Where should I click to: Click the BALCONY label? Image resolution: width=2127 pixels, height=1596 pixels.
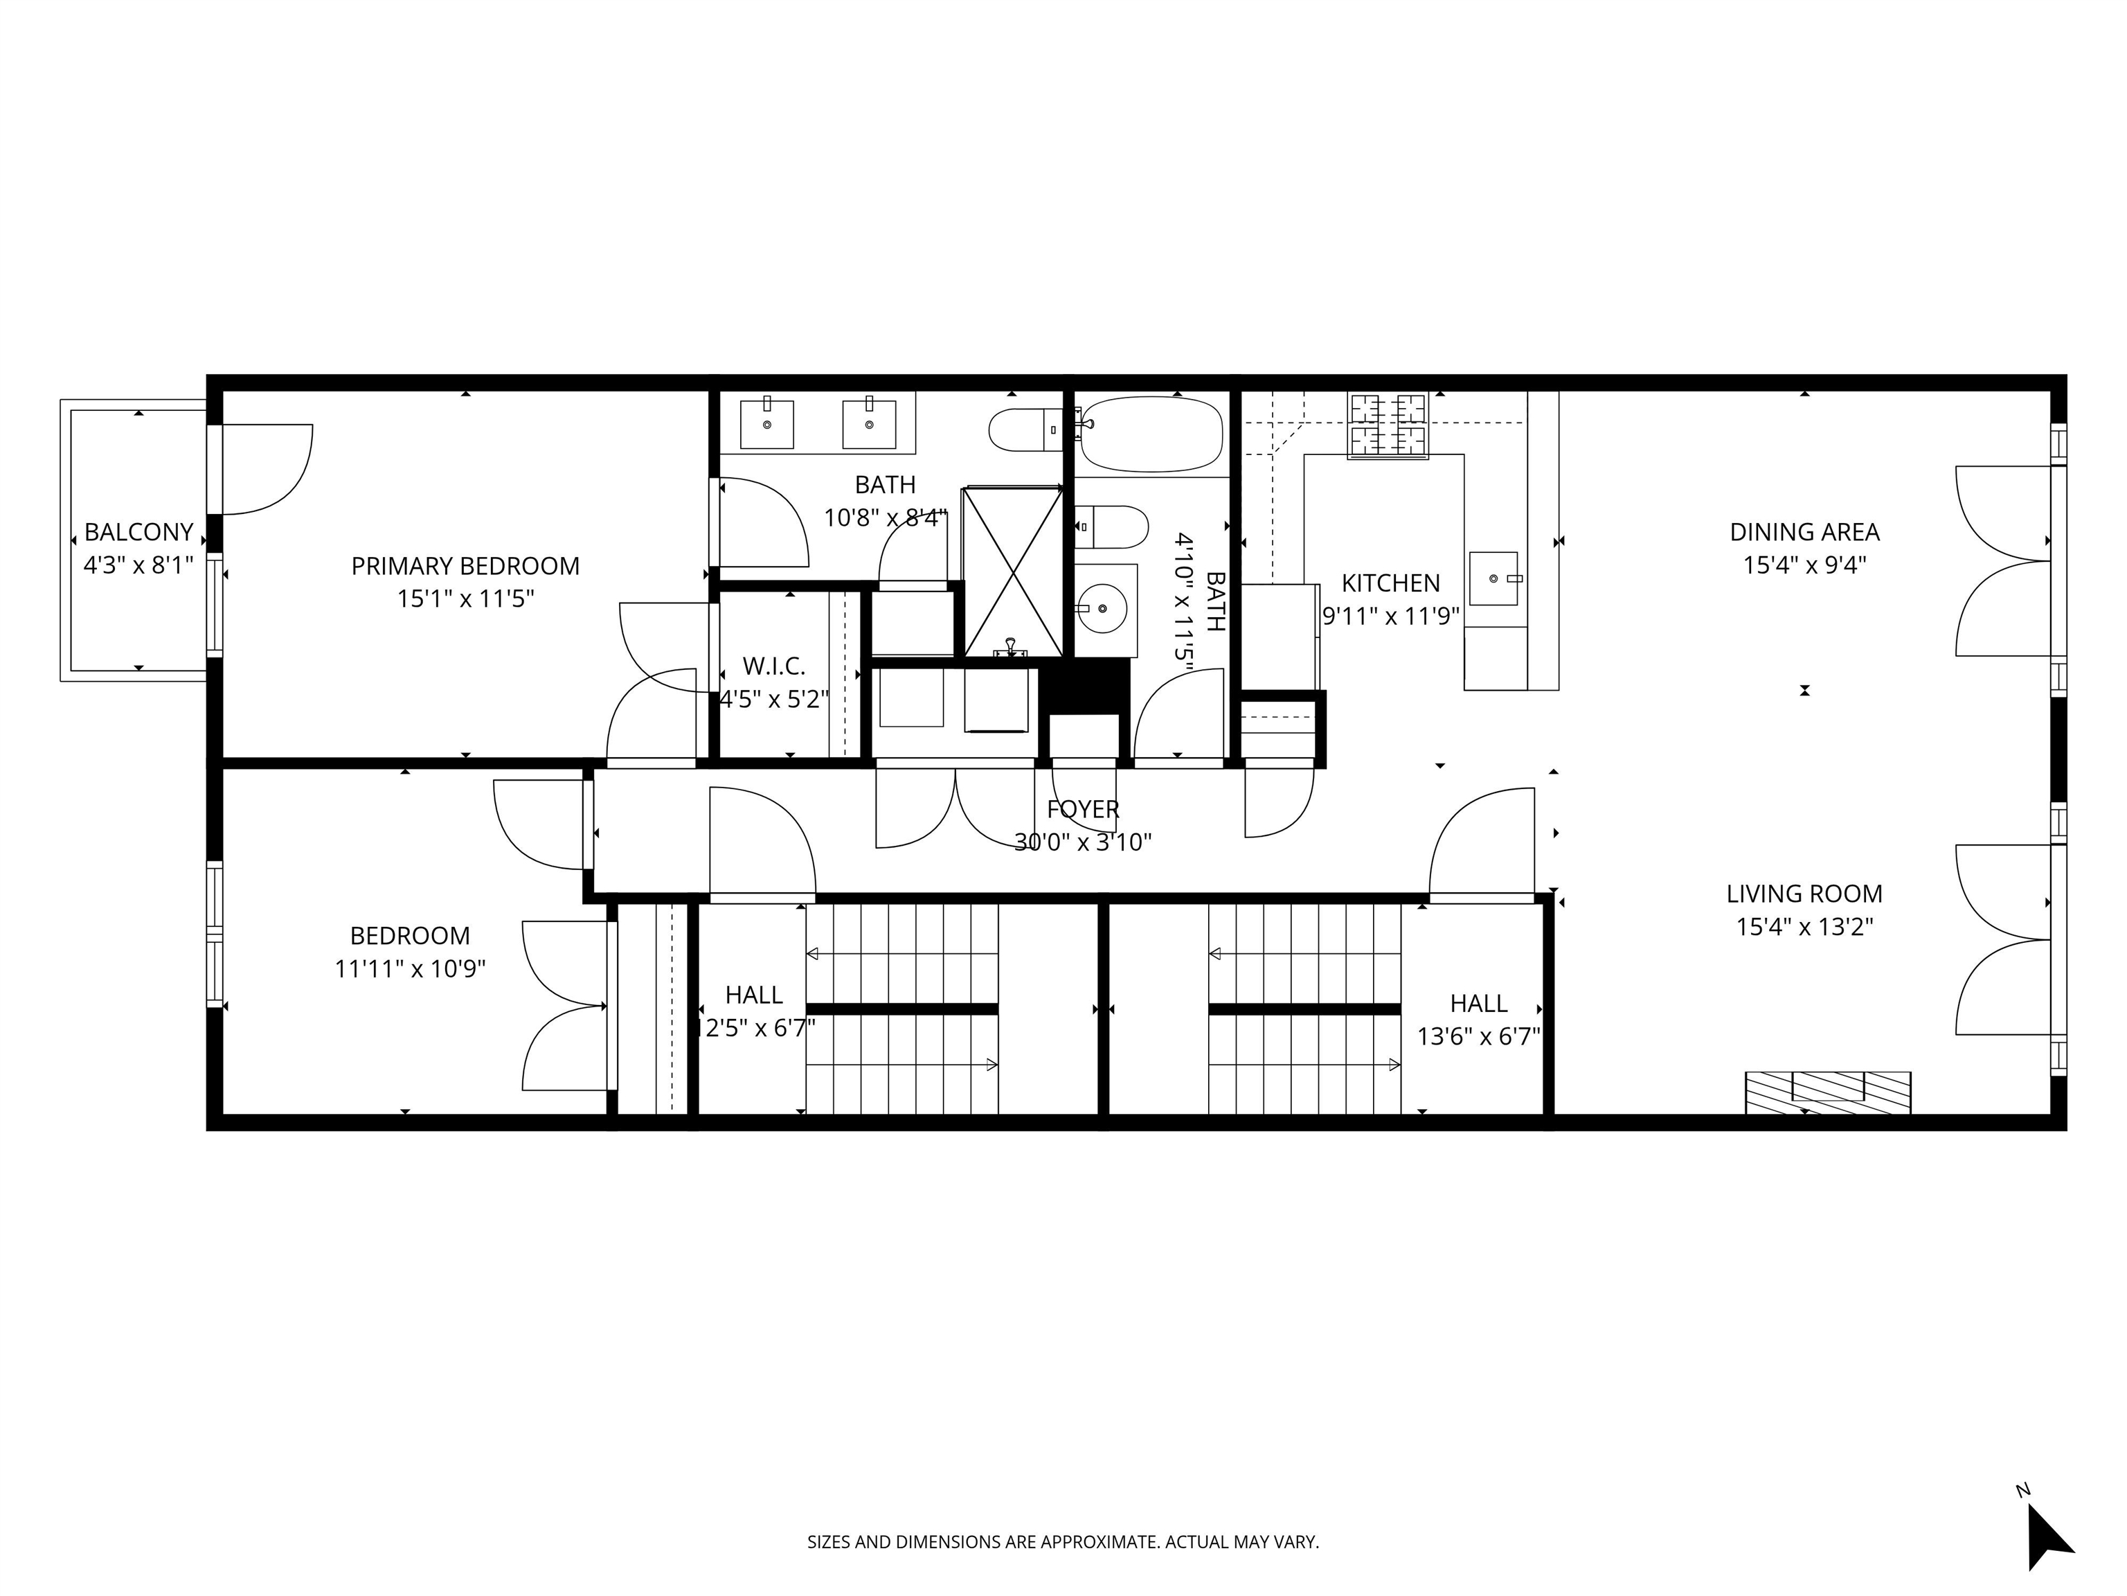pyautogui.click(x=138, y=532)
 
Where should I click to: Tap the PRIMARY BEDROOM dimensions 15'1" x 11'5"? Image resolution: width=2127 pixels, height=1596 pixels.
pyautogui.click(x=465, y=599)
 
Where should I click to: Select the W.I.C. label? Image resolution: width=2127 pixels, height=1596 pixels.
pyautogui.click(x=773, y=666)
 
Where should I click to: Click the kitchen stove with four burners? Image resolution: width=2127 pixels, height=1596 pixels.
pyautogui.click(x=1388, y=425)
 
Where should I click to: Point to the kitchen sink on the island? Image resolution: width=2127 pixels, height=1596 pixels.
pyautogui.click(x=1494, y=578)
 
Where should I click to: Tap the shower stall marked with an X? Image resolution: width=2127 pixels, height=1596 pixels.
pyautogui.click(x=1012, y=572)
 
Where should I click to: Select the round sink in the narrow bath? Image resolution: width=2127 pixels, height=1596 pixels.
pyautogui.click(x=1101, y=608)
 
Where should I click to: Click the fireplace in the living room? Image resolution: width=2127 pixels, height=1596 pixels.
pyautogui.click(x=1827, y=1092)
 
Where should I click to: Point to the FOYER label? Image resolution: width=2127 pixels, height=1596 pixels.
pyautogui.click(x=1083, y=810)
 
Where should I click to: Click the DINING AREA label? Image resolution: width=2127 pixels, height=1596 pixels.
pyautogui.click(x=1804, y=532)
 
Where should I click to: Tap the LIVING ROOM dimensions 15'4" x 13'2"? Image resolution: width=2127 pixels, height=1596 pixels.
pyautogui.click(x=1804, y=928)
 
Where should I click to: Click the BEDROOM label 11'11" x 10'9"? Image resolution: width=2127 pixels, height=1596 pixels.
pyautogui.click(x=410, y=935)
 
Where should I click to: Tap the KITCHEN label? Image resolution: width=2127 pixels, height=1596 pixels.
pyautogui.click(x=1390, y=583)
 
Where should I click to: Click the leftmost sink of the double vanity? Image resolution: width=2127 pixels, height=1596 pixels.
pyautogui.click(x=766, y=424)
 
